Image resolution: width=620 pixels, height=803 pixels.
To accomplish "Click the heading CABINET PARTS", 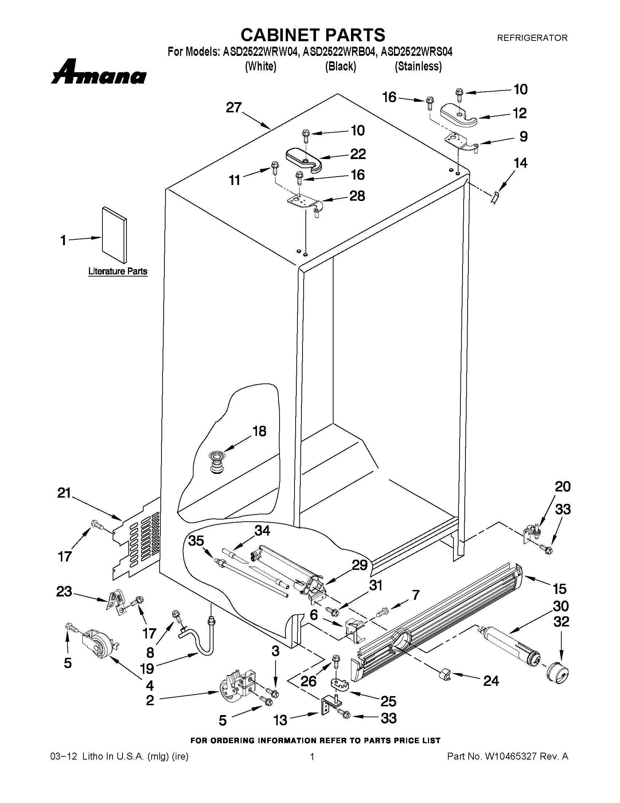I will pyautogui.click(x=313, y=35).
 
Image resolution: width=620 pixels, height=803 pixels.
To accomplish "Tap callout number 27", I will pyautogui.click(x=234, y=108).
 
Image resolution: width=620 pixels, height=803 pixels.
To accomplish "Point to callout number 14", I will pyautogui.click(x=520, y=163).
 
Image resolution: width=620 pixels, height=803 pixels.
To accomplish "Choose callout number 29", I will pyautogui.click(x=360, y=565).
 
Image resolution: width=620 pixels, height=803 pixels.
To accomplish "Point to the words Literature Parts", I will pyautogui.click(x=117, y=271).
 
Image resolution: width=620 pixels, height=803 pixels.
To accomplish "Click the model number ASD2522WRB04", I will pyautogui.click(x=340, y=52).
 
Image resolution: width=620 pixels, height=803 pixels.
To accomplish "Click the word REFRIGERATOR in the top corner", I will pyautogui.click(x=532, y=38).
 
